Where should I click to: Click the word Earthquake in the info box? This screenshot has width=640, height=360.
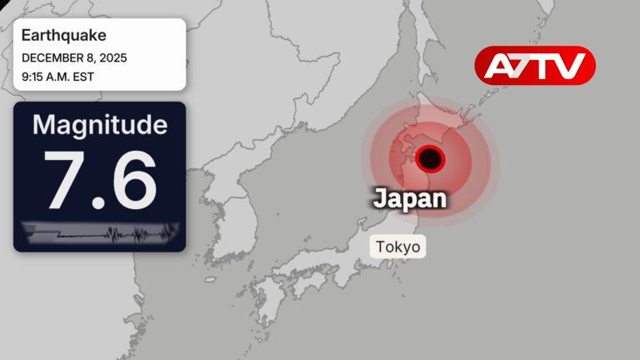(63, 36)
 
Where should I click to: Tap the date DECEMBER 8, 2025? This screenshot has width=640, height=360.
(74, 58)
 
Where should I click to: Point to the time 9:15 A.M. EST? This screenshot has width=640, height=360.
(58, 77)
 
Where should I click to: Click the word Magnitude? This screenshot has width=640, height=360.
(99, 126)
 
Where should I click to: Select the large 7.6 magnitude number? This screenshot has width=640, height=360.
(100, 179)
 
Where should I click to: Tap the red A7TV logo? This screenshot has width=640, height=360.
(535, 65)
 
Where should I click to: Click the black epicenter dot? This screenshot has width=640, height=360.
(430, 157)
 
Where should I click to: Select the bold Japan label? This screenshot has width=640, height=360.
(409, 198)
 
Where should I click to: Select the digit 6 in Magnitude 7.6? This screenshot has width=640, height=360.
(133, 179)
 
